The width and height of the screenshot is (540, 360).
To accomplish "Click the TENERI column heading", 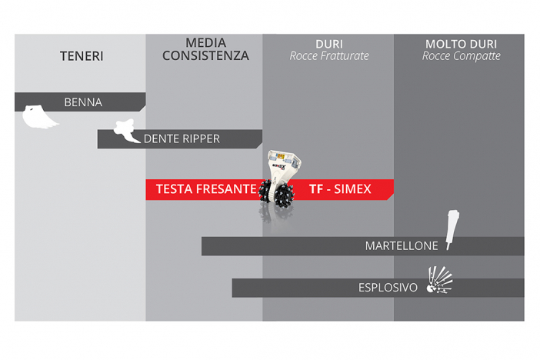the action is click(x=82, y=56).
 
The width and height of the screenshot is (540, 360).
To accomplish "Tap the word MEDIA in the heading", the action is click(x=206, y=43).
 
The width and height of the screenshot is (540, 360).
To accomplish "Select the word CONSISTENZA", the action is click(x=205, y=55).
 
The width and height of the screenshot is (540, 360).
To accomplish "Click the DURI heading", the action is click(x=329, y=44).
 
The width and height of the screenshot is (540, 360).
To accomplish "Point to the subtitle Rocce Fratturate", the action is click(x=329, y=56).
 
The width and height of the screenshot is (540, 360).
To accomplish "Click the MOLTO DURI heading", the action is click(x=461, y=44).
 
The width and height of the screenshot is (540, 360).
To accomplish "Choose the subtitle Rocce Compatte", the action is click(x=462, y=56).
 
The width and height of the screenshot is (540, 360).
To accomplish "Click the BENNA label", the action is click(x=83, y=102).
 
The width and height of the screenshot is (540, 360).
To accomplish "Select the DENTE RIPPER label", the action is click(x=182, y=138).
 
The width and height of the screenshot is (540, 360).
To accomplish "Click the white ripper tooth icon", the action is click(x=127, y=131).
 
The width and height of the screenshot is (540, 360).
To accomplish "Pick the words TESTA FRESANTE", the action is click(x=206, y=188).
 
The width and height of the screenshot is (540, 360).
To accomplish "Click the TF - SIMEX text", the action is click(x=340, y=188).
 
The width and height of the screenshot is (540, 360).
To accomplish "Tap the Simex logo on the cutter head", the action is click(x=279, y=166).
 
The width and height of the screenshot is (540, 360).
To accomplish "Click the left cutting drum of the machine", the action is click(x=265, y=194).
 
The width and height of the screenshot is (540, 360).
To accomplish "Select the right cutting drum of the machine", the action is click(x=285, y=195).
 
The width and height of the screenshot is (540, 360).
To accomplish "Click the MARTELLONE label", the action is click(x=402, y=245).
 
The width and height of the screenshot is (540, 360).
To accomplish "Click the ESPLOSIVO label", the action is click(x=388, y=288).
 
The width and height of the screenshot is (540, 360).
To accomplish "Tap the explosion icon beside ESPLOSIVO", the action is click(x=439, y=280).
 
